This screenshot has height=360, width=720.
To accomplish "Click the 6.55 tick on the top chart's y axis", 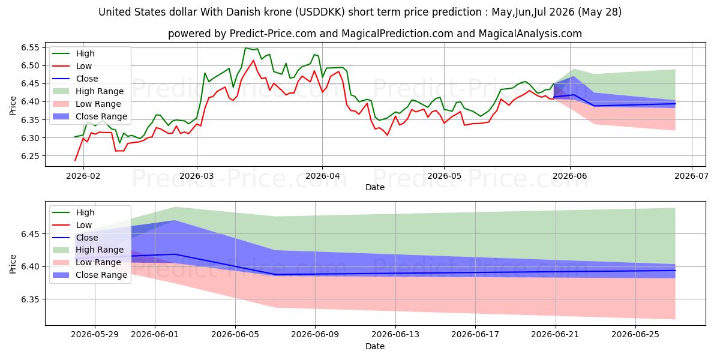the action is click(x=30, y=48).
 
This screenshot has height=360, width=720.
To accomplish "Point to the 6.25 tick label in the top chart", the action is click(x=30, y=156).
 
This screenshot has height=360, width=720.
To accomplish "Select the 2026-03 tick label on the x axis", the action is click(x=196, y=176).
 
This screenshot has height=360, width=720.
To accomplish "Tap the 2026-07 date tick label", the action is click(x=691, y=176).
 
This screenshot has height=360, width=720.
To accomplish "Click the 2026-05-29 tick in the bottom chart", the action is click(x=95, y=335).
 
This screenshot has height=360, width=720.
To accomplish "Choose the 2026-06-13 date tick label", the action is click(x=395, y=335).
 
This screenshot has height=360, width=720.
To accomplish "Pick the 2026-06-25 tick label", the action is click(x=635, y=335).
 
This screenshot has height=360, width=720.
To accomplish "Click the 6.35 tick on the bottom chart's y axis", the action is click(x=30, y=299).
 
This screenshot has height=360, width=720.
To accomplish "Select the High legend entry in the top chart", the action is click(x=74, y=53).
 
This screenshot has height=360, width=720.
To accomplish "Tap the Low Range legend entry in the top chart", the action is click(x=87, y=104).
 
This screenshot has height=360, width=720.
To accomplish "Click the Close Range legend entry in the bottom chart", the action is click(x=89, y=275).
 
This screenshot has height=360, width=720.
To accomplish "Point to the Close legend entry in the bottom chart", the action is click(x=75, y=238).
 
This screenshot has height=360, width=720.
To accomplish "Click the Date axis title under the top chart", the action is click(x=375, y=187).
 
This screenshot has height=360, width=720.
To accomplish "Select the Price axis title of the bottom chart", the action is click(x=13, y=264).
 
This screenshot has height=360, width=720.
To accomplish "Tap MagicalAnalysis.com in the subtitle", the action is click(x=530, y=34).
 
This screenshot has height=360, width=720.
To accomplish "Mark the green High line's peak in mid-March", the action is click(x=245, y=48).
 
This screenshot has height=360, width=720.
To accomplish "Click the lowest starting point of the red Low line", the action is click(x=75, y=160).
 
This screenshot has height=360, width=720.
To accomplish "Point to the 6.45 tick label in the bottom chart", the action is click(x=30, y=234).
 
